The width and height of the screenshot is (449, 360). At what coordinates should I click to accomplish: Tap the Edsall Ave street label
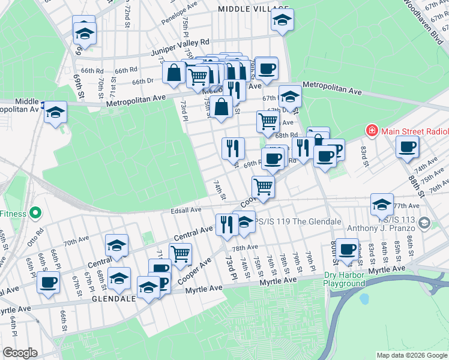coord(185,210)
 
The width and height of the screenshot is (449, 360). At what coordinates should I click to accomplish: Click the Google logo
coord(20,353)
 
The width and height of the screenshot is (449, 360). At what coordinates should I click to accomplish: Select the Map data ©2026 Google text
coord(411,355)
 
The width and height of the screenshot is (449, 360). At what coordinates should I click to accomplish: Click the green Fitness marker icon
coord(35,212)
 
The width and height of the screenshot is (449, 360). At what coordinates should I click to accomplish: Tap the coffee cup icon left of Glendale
coord(48,281)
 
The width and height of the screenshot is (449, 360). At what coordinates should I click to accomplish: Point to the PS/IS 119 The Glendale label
coord(298,221)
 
